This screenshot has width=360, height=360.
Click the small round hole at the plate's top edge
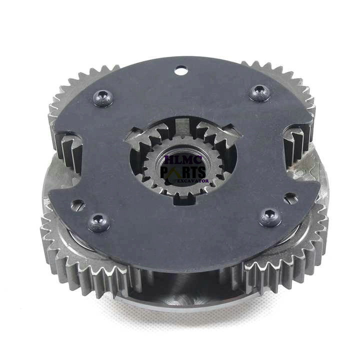(x=181, y=70)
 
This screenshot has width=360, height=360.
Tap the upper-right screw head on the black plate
(x=259, y=93)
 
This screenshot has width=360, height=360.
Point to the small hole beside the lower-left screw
(x=78, y=205)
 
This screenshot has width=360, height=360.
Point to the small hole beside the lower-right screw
(x=291, y=198)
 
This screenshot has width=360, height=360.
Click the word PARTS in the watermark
(x=183, y=172)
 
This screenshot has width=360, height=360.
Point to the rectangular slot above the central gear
(x=183, y=125)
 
